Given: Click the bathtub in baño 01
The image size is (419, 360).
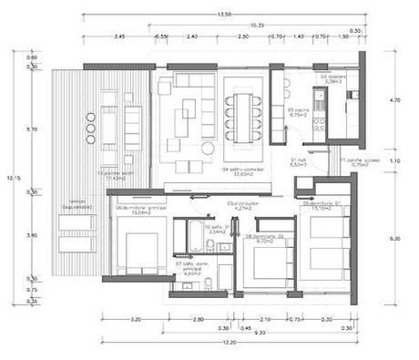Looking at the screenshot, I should (x=191, y=235).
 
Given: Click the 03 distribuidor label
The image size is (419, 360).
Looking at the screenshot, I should (x=242, y=206).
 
